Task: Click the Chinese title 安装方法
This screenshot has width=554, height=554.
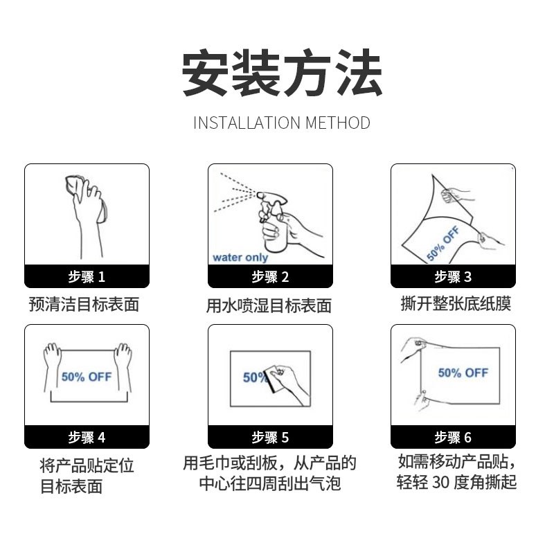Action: (x=281, y=73)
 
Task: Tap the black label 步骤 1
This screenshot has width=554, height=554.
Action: (x=87, y=277)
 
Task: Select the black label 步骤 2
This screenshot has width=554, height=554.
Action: (x=270, y=277)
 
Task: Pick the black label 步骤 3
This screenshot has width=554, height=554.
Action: (x=453, y=277)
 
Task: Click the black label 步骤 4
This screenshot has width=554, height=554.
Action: (x=87, y=438)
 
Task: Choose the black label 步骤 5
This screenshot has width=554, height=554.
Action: (x=270, y=438)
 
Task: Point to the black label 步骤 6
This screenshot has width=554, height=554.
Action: (x=453, y=438)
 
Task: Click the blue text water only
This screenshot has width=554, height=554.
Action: (x=240, y=258)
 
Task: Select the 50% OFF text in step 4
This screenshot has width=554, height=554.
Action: (x=87, y=377)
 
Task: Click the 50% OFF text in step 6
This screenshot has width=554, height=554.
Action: (x=463, y=373)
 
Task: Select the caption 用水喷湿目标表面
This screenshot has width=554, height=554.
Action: (x=269, y=305)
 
